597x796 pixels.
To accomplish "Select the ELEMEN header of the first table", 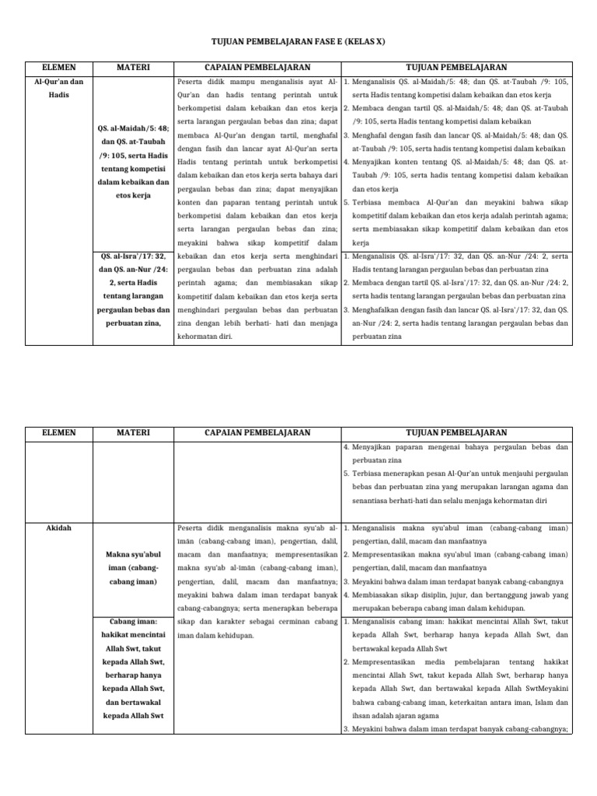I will coord(58,68).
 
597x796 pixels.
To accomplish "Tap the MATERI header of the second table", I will coord(134,432).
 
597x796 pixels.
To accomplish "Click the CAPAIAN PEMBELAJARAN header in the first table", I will coord(257,68).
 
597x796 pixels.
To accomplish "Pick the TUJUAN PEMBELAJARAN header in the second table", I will coord(456,432).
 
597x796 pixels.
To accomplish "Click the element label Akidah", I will coord(58,528).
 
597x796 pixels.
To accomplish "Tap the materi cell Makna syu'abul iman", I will coord(134,567).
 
